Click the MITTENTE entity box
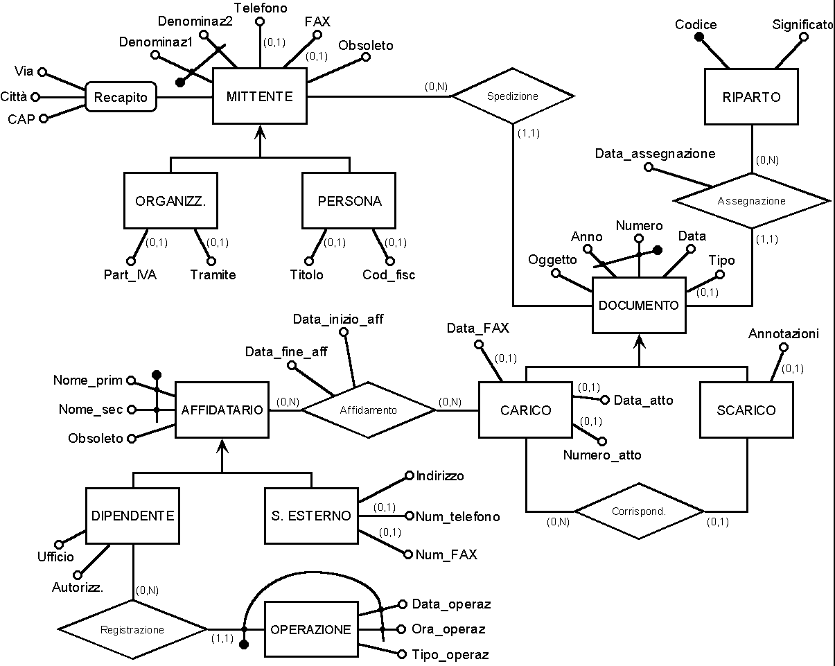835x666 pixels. click(x=259, y=97)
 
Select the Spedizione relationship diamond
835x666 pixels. click(x=513, y=96)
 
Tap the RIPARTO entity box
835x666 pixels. click(x=752, y=97)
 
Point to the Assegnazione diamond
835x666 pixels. click(x=752, y=201)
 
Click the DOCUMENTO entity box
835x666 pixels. click(x=639, y=305)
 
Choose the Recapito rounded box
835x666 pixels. click(x=121, y=97)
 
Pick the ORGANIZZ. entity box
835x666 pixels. click(x=171, y=202)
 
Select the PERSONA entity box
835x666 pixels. click(x=349, y=202)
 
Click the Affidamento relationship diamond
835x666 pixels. click(x=368, y=410)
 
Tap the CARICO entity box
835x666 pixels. click(x=525, y=410)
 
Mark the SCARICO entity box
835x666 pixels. click(x=746, y=410)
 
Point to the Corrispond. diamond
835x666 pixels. click(x=639, y=511)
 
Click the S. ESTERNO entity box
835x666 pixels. click(x=311, y=516)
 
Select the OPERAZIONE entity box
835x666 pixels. click(x=311, y=630)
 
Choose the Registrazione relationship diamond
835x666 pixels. click(x=132, y=630)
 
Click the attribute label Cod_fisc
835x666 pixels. click(x=389, y=275)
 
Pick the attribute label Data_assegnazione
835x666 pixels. click(x=655, y=154)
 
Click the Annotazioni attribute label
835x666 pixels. click(x=784, y=334)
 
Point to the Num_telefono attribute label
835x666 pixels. click(x=457, y=516)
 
